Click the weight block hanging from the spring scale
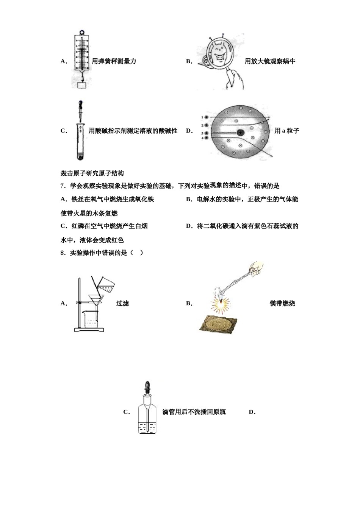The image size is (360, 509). coord(82,85)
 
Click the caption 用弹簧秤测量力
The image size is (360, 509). coord(114,61)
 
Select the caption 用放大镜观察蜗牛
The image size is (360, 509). coord(270,61)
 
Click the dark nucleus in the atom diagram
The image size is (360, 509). coord(241,133)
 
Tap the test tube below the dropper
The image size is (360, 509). coord(80,142)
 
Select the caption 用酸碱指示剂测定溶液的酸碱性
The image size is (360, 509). coord(133,131)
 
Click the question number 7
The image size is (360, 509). coord(63,186)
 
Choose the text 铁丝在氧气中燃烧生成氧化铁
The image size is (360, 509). coord(113,200)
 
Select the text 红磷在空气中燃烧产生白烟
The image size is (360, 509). coord(110,226)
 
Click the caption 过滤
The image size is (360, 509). coord(122,303)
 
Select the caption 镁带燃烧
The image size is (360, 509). coord(282,303)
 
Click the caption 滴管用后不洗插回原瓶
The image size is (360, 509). coord(194,412)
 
